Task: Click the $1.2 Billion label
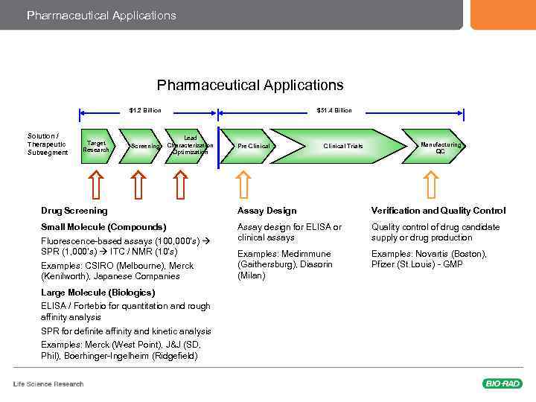point(145,110)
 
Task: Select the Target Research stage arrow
point(97,146)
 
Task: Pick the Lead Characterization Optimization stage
point(190,145)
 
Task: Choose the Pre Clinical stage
point(253,146)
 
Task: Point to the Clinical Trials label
point(342,146)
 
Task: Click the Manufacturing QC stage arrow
point(439,146)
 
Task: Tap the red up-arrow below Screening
point(138,184)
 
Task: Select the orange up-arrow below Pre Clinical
point(243,184)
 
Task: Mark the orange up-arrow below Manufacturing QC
point(431,184)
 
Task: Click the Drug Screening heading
point(74,211)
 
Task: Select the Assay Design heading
point(267,211)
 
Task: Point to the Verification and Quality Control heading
point(438,211)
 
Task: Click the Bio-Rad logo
point(502,383)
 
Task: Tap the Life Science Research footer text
point(48,384)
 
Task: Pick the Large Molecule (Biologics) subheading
point(98,293)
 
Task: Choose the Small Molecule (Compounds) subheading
point(103,226)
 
